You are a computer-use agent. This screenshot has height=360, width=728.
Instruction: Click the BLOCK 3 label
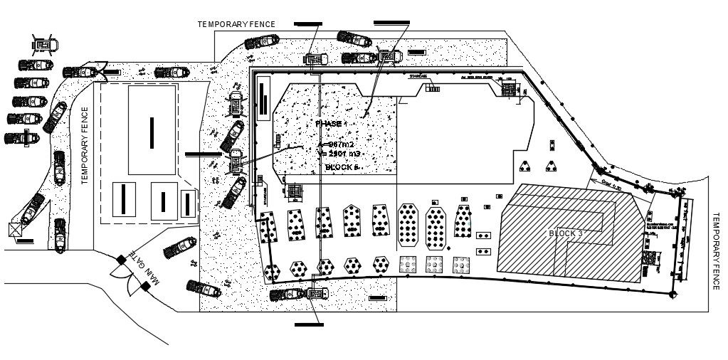pyautogui.click(x=565, y=233)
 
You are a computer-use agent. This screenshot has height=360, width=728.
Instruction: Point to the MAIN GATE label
pyautogui.click(x=143, y=268)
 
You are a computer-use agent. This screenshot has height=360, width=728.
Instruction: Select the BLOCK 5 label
pyautogui.click(x=342, y=167)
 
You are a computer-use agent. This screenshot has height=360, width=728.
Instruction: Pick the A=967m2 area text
pyautogui.click(x=334, y=144)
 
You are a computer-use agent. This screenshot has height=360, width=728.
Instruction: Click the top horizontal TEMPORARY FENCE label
pyautogui.click(x=236, y=24)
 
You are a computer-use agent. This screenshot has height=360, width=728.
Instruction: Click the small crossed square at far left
pyautogui.click(x=14, y=230)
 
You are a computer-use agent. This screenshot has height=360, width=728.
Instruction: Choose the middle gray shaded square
pyautogui.click(x=433, y=263)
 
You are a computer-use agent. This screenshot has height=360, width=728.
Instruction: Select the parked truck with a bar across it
pyautogui.click(x=21, y=137)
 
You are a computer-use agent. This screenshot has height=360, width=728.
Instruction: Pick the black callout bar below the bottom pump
pyautogui.click(x=310, y=324)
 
